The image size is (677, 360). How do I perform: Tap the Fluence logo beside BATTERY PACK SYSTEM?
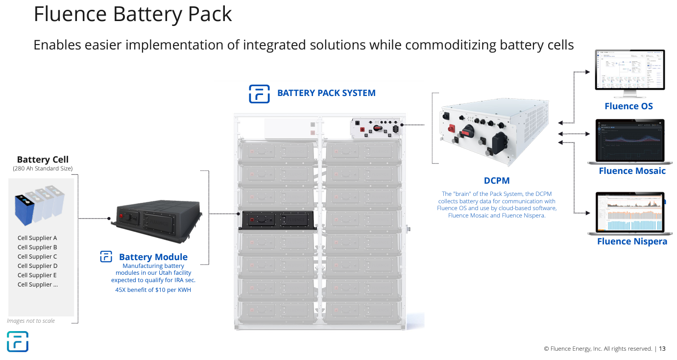259,94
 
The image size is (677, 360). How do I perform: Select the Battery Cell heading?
43,160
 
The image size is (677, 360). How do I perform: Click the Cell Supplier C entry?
37,257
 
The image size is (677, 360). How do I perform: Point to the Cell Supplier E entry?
37,275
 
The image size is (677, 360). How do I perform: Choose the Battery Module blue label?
153,257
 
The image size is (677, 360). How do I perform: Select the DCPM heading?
497,181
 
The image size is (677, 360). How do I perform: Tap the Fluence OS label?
629,106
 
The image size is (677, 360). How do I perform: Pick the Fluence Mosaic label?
632,171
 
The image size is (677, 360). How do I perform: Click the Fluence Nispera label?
632,241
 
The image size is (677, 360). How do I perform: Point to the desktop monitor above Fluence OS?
629,71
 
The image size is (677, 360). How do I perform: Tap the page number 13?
662,349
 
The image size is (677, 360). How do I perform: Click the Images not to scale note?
31,321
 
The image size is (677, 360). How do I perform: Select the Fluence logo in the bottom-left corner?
18,341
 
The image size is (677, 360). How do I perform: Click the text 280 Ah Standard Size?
43,169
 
